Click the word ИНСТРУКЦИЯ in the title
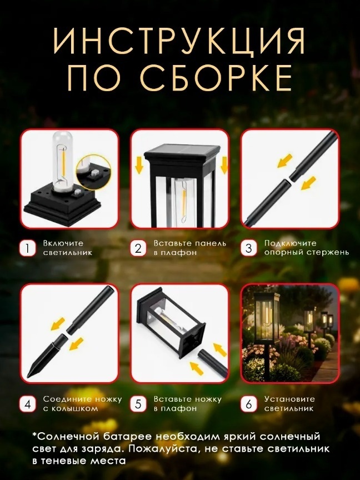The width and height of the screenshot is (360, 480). [179, 41]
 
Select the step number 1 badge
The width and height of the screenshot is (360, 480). [28, 248]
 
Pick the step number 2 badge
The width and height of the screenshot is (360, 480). [138, 248]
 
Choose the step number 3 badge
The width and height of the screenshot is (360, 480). [248, 248]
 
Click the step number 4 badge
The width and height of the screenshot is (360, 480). [28, 404]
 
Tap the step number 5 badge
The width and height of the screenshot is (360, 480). [138, 404]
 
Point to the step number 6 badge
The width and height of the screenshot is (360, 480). [248, 404]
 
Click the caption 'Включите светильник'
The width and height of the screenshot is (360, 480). [68, 248]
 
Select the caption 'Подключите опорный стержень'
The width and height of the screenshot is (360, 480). [307, 248]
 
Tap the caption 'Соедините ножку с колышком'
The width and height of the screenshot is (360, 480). [82, 404]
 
